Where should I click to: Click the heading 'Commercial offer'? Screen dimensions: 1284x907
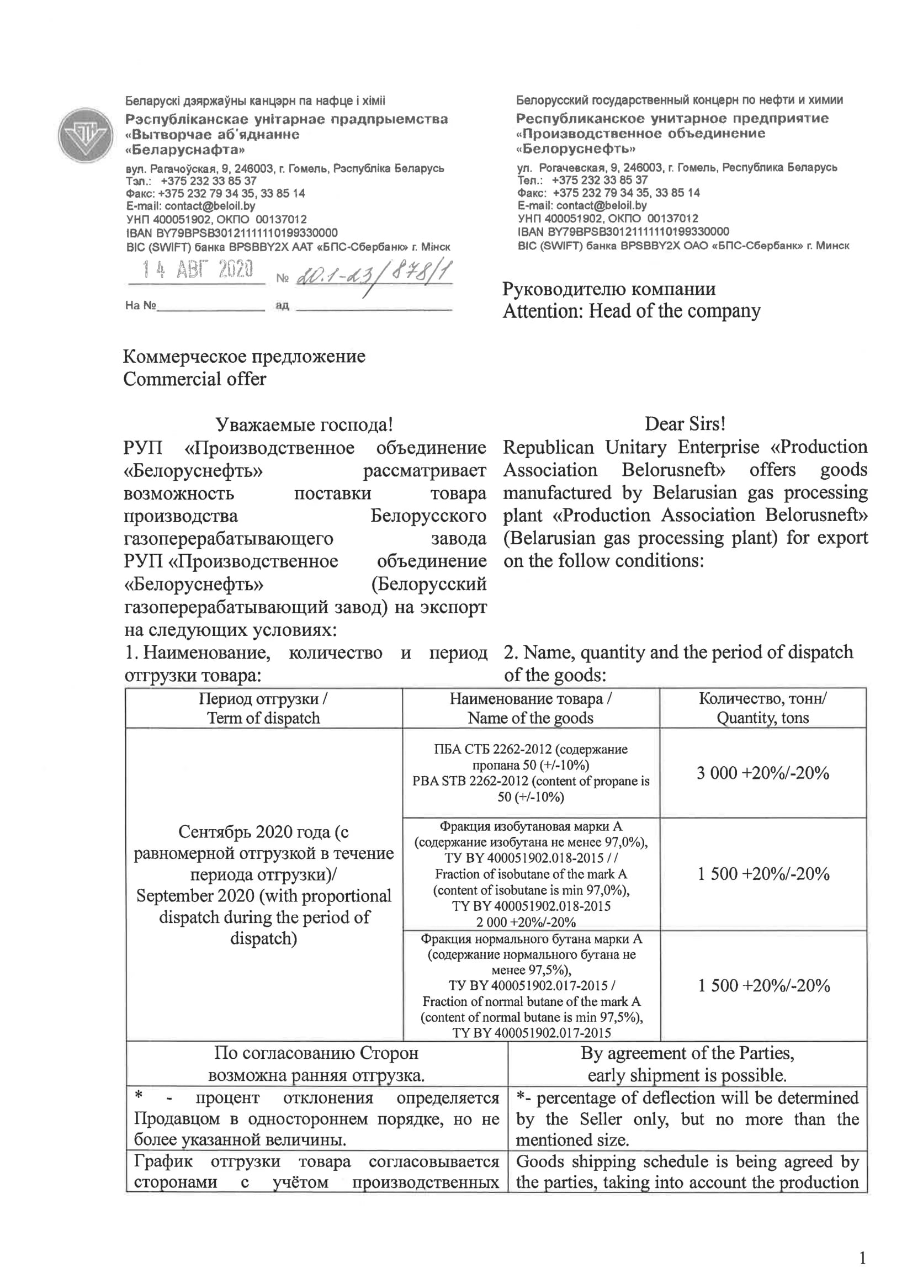(195, 379)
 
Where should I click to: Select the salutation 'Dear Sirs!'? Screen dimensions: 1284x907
(685, 424)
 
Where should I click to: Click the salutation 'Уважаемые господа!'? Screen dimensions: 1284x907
(304, 425)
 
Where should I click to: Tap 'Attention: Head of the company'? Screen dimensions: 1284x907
(632, 311)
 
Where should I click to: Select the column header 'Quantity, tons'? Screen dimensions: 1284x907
(763, 718)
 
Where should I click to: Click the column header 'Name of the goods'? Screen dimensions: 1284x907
(530, 718)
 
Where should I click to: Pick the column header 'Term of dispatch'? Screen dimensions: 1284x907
(263, 718)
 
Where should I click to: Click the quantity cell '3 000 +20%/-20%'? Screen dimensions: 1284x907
(763, 773)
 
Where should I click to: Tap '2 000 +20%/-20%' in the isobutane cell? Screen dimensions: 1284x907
(526, 922)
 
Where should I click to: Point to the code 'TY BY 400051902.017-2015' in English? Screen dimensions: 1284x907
(531, 1033)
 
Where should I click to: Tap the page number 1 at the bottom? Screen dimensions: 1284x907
(862, 1258)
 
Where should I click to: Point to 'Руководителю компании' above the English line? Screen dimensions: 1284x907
(608, 289)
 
